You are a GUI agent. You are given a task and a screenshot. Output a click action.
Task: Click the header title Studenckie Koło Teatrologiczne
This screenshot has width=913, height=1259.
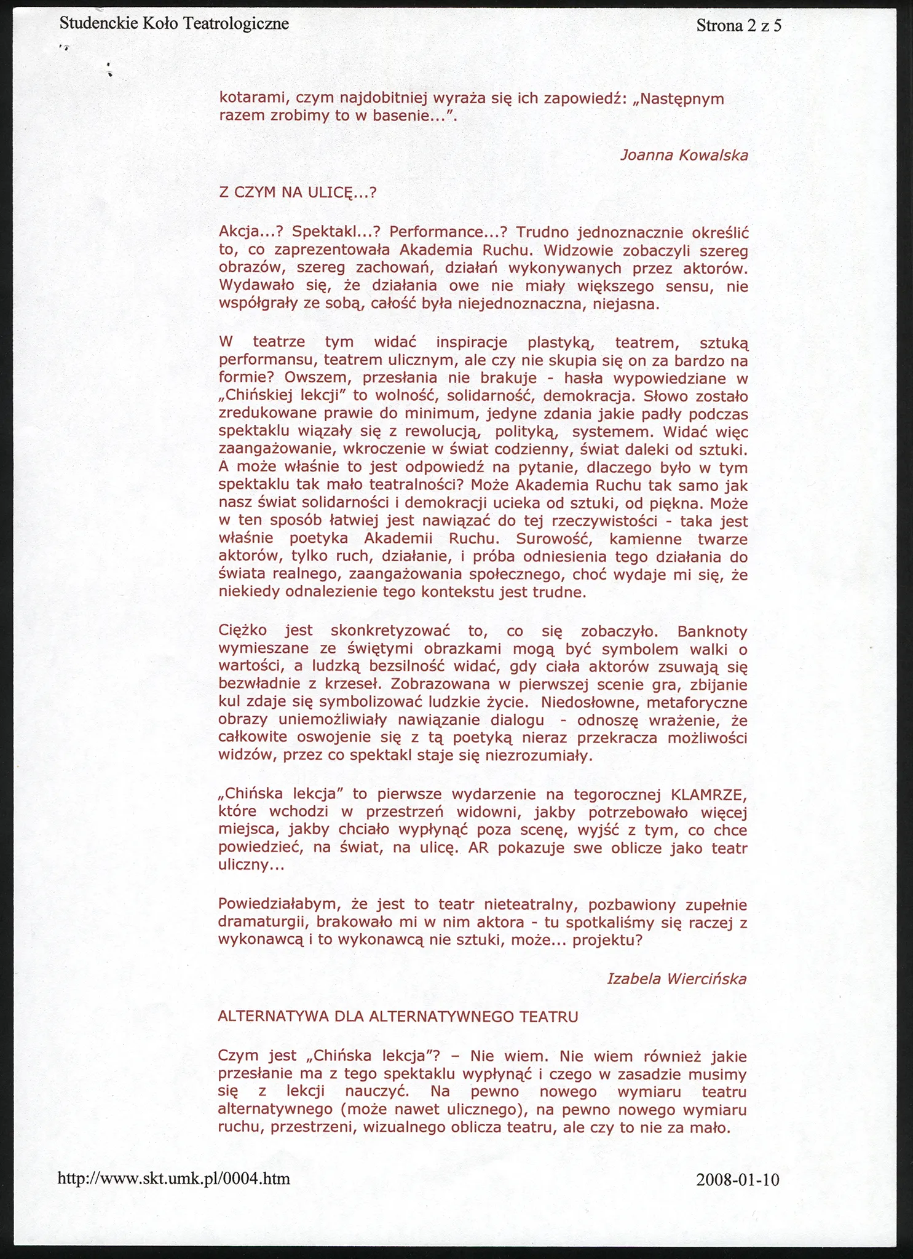(x=174, y=25)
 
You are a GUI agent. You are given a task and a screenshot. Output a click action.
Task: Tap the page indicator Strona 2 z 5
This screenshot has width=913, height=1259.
(x=739, y=26)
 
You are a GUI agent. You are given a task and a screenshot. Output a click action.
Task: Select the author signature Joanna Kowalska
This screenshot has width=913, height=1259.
(x=684, y=155)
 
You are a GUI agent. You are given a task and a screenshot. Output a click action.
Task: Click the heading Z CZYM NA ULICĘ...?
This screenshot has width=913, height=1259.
(x=297, y=193)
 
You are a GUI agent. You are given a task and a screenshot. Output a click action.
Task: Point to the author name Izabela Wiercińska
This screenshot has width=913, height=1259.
(x=676, y=979)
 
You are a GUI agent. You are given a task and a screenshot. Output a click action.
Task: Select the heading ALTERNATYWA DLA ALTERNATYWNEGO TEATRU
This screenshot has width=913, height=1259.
(x=398, y=1017)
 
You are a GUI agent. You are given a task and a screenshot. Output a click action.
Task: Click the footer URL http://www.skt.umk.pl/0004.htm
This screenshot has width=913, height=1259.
(x=173, y=1178)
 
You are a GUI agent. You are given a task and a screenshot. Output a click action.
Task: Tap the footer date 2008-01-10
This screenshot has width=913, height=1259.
(x=738, y=1180)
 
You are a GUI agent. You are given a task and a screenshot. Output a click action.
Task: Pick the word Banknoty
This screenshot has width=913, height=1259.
(x=712, y=632)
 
